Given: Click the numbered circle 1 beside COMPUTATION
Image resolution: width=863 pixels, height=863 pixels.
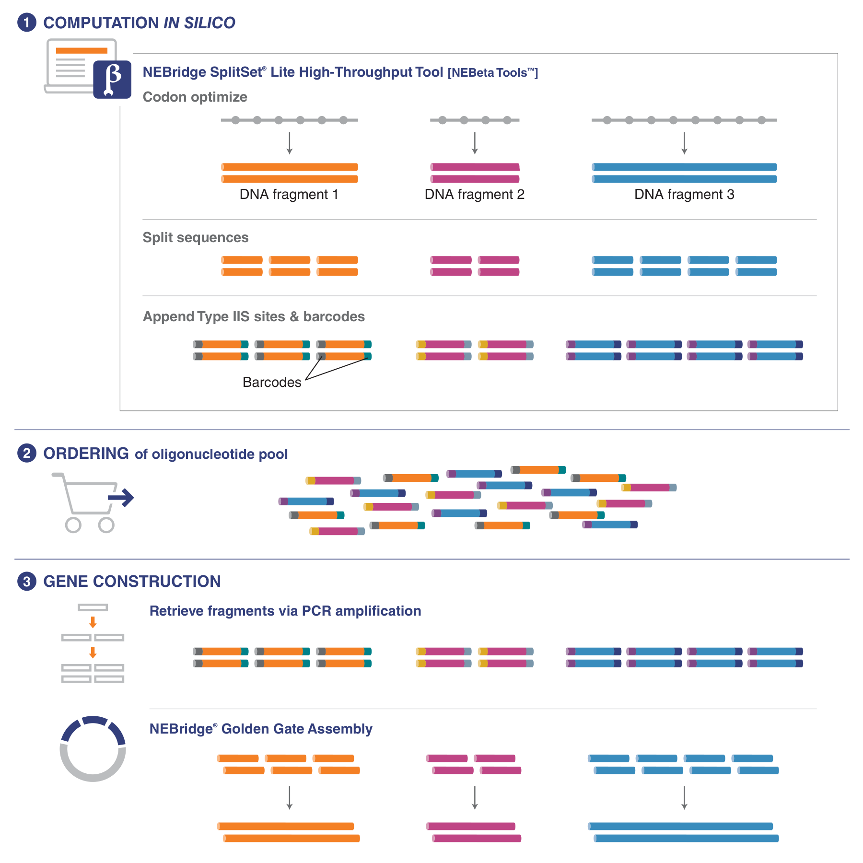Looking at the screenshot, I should click(x=27, y=23).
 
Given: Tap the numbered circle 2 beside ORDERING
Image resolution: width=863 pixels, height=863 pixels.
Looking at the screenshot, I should click(x=27, y=453).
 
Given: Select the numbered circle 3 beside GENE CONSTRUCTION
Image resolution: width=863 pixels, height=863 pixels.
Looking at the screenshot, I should click(x=27, y=581).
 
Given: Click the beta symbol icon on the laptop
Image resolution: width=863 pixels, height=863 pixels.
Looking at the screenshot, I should click(x=112, y=79).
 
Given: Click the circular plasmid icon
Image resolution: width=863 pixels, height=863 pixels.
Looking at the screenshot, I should click(x=93, y=749).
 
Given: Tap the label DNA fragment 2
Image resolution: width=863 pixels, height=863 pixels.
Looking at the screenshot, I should click(x=474, y=194).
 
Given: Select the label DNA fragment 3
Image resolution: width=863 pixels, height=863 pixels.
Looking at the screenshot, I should click(x=684, y=194).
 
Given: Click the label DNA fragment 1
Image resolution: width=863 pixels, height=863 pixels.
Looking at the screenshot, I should click(x=289, y=194).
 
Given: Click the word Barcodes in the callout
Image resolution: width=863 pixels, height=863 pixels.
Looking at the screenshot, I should click(x=272, y=382).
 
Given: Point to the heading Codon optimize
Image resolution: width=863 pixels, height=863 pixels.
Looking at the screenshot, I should click(x=195, y=97).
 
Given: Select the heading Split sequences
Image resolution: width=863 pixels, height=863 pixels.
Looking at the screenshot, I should click(x=195, y=237).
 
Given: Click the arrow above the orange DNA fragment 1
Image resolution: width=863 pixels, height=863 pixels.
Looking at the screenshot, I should click(x=289, y=143).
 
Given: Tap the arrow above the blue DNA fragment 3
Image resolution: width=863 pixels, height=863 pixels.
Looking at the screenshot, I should click(x=684, y=143).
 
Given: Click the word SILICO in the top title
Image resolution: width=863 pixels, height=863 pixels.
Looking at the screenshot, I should click(x=210, y=23).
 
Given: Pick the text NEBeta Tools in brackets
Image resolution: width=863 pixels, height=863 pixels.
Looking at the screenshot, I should click(x=493, y=73).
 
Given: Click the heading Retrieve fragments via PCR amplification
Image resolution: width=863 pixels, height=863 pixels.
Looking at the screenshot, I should click(x=285, y=611).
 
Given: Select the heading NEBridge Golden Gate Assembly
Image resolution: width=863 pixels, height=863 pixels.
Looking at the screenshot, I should click(x=260, y=729).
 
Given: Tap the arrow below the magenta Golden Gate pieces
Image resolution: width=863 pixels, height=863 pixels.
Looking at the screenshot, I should click(x=475, y=798).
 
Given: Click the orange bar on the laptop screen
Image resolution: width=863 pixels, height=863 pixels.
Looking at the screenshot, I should click(x=82, y=50).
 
